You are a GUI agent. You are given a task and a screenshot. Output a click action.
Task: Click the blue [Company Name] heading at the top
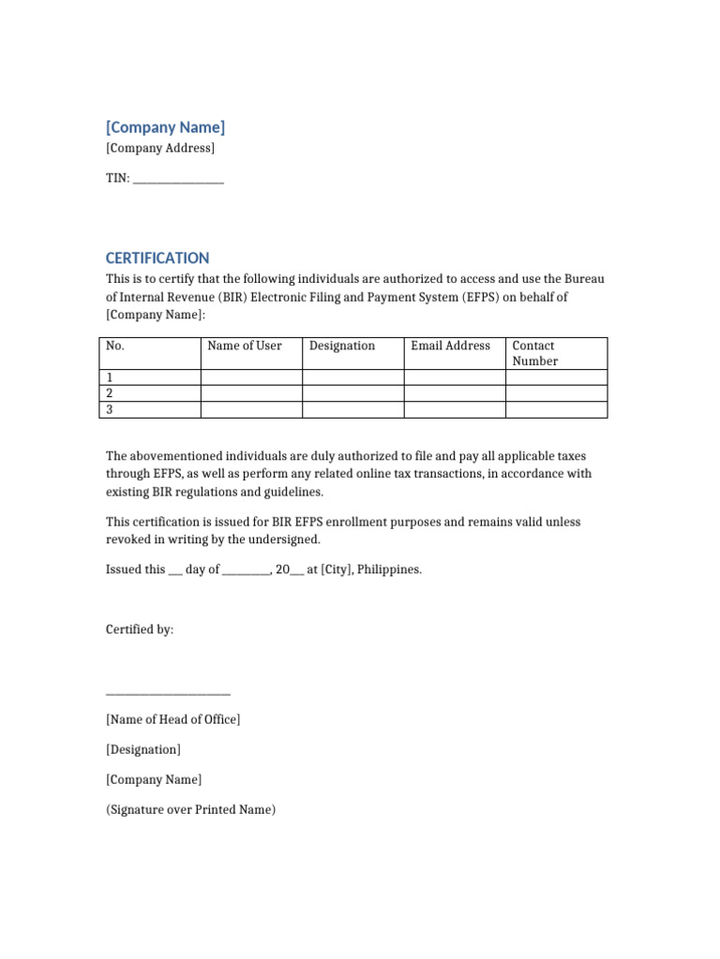[x=165, y=127]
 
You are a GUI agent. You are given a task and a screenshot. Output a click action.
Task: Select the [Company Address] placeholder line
[x=160, y=148]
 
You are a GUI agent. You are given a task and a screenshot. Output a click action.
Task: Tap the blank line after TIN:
[x=178, y=178]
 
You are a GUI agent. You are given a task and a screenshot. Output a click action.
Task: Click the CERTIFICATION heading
[x=157, y=258]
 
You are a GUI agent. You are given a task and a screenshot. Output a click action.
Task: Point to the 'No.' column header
[x=115, y=346]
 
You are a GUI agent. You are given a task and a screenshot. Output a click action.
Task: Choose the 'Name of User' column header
[x=245, y=346]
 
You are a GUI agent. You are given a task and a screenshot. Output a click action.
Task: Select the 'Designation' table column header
[x=342, y=346]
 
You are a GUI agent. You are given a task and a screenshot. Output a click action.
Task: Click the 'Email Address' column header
[x=450, y=346]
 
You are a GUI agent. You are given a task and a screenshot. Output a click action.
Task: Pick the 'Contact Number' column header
[x=534, y=353]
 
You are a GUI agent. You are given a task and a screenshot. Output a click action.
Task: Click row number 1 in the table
[x=110, y=377]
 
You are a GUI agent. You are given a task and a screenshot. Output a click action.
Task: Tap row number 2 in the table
[x=110, y=393]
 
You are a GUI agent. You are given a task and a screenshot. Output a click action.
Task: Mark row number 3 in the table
[x=110, y=409]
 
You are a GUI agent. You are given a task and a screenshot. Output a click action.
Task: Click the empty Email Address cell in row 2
[x=454, y=393]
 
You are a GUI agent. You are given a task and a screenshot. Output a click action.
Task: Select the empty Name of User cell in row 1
[x=251, y=377]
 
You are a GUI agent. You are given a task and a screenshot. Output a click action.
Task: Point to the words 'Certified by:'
[x=140, y=629]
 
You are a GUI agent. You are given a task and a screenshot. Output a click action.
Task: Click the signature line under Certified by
[x=168, y=694]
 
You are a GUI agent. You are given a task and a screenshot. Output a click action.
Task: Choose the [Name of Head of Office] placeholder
[x=173, y=719]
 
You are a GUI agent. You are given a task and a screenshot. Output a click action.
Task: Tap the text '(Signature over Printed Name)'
[x=191, y=809]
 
